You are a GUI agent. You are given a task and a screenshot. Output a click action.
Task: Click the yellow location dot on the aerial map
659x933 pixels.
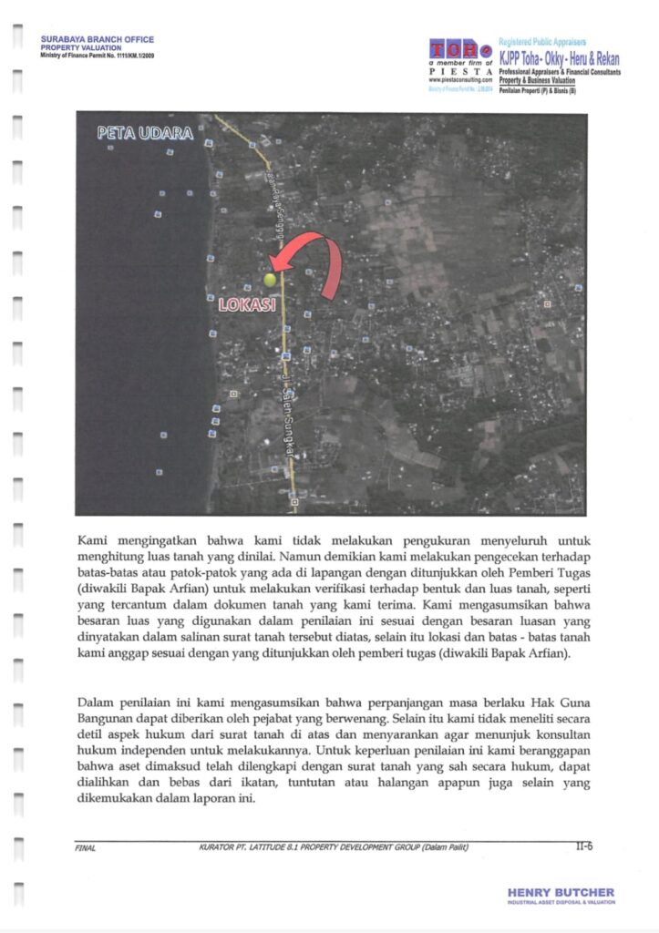(x=270, y=280)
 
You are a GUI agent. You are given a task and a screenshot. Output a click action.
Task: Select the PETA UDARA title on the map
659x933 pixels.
(x=146, y=134)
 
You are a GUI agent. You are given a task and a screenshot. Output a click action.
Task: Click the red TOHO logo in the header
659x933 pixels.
(x=460, y=50)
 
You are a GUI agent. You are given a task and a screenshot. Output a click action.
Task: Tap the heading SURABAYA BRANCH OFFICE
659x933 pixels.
(x=98, y=40)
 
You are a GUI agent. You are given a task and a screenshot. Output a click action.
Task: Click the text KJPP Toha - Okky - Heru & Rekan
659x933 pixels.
(x=559, y=58)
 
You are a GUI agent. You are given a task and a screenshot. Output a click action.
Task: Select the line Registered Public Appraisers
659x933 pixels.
(x=542, y=43)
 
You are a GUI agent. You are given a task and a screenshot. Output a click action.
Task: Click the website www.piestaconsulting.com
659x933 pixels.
(x=460, y=81)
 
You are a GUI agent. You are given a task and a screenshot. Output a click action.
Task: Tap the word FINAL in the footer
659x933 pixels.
(x=85, y=848)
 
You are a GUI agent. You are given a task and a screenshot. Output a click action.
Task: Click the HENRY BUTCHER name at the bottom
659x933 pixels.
(x=560, y=892)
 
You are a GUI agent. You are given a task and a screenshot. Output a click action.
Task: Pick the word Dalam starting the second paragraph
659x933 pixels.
(x=97, y=703)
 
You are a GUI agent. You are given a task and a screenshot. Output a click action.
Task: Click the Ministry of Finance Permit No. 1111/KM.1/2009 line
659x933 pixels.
(x=98, y=56)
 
